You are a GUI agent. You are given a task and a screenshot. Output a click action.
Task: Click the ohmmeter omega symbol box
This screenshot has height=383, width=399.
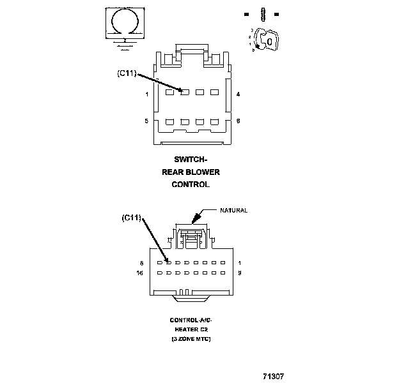tap(123, 23)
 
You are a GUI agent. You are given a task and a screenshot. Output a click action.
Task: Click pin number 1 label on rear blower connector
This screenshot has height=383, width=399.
tap(147, 94)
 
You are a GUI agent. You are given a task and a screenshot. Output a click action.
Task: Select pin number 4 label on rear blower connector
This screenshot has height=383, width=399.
tap(239, 94)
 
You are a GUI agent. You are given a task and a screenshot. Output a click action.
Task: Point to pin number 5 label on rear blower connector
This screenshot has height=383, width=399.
tap(147, 121)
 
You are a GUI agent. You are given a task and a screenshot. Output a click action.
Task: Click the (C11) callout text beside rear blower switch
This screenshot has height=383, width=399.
tap(127, 73)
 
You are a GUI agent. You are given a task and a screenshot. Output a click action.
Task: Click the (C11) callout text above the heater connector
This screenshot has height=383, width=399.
tap(131, 218)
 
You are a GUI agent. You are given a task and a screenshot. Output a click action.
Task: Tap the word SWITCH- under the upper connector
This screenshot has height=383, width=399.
tap(191, 160)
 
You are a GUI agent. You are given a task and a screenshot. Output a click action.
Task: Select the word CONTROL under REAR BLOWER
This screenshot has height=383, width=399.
tap(191, 184)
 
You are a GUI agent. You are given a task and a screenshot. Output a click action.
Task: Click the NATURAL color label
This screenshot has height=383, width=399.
tap(233, 210)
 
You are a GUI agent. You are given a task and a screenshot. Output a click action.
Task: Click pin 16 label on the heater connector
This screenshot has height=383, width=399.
tap(141, 273)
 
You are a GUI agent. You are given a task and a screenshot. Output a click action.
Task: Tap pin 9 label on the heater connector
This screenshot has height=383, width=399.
tap(239, 273)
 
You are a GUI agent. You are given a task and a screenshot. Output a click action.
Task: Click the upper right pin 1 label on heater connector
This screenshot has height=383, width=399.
tap(239, 262)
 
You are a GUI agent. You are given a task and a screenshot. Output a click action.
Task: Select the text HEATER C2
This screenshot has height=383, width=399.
tap(191, 329)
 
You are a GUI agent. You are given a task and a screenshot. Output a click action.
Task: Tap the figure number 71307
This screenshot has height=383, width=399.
tap(273, 376)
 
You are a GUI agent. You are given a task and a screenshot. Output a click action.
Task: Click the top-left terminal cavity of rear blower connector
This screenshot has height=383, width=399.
tap(169, 93)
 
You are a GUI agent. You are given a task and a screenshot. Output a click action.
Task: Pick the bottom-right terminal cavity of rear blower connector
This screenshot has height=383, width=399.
tap(214, 122)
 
